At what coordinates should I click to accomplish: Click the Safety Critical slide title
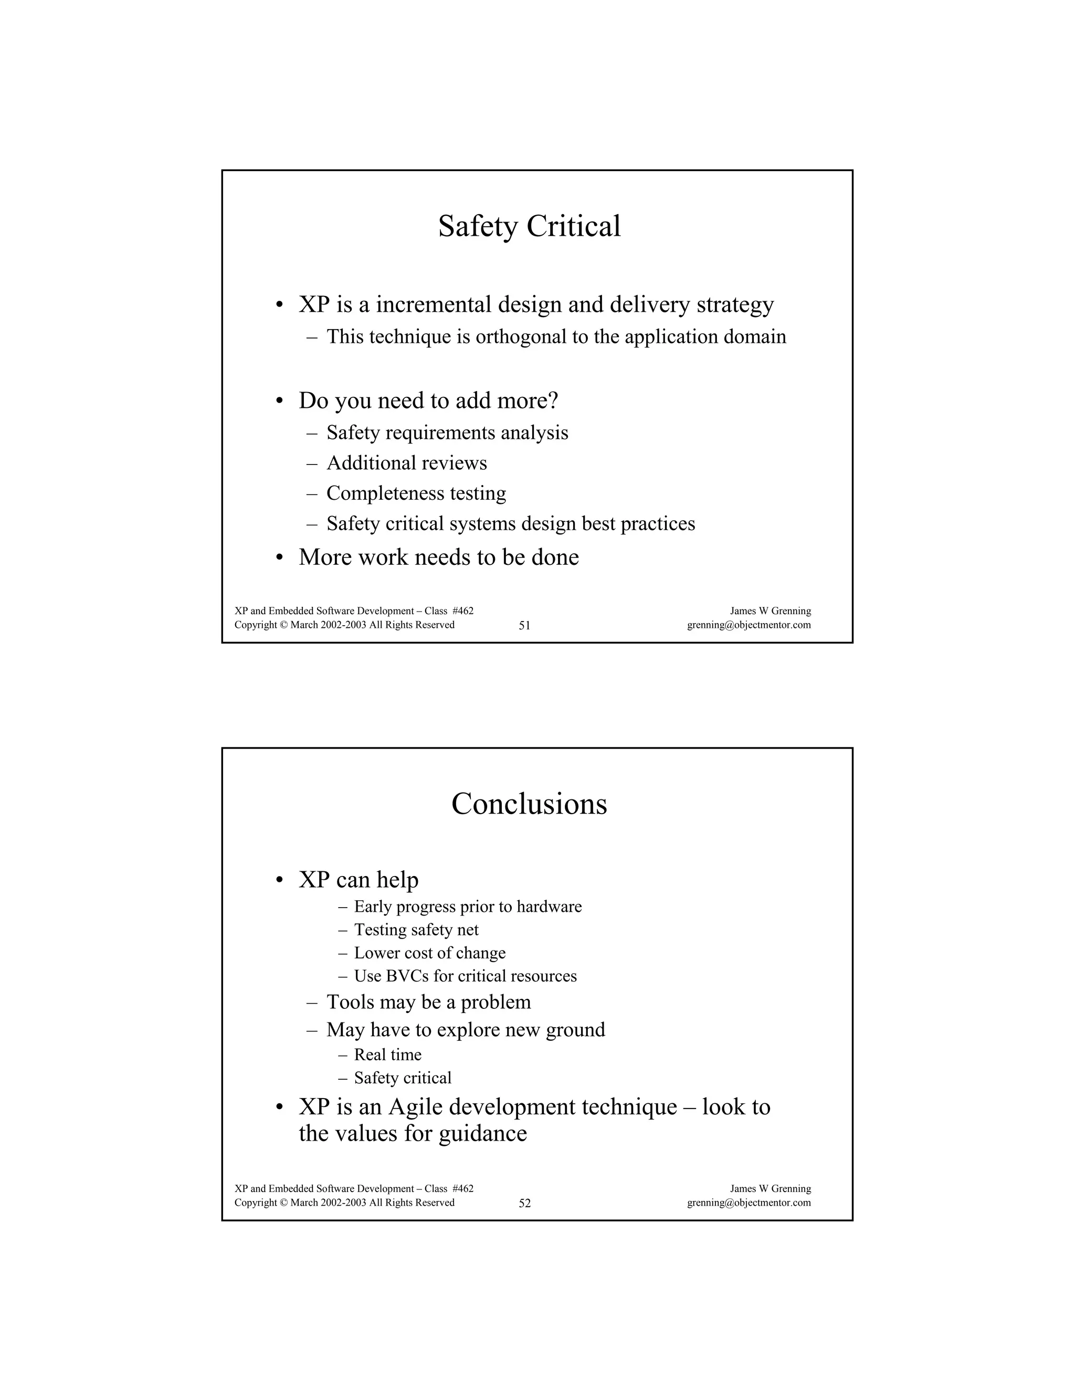pyautogui.click(x=529, y=226)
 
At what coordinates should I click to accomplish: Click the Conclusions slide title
pyautogui.click(x=529, y=804)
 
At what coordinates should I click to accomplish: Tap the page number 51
pyautogui.click(x=524, y=626)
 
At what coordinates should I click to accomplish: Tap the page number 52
pyautogui.click(x=524, y=1203)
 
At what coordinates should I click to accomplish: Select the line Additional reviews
pyautogui.click(x=406, y=463)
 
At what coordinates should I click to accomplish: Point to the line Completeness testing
pyautogui.click(x=416, y=493)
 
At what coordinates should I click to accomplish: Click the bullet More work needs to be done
pyautogui.click(x=438, y=557)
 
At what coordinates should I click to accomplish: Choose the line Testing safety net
pyautogui.click(x=416, y=930)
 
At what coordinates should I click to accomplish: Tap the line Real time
pyautogui.click(x=387, y=1055)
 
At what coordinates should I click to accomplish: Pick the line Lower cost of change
pyautogui.click(x=429, y=953)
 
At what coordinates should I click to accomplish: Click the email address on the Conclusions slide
pyautogui.click(x=749, y=1203)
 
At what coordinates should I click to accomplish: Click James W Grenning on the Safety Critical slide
pyautogui.click(x=770, y=612)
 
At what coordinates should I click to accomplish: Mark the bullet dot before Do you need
pyautogui.click(x=279, y=401)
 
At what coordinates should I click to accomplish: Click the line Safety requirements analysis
pyautogui.click(x=447, y=433)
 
